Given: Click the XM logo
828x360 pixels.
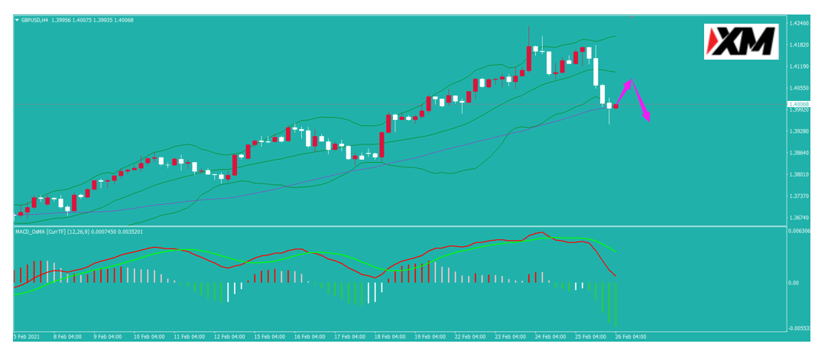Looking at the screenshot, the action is click(x=741, y=41).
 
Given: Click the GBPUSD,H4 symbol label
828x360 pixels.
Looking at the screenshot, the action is click(x=34, y=20).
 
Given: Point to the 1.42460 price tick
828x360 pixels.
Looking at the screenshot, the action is click(x=800, y=24).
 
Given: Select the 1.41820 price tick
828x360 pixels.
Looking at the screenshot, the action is click(x=800, y=45).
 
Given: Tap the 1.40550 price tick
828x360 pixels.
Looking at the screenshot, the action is click(x=800, y=88).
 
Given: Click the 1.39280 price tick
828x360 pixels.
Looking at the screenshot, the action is click(x=800, y=131).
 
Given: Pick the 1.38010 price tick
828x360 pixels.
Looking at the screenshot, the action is click(x=800, y=174).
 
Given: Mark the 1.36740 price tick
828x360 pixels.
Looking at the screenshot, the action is click(x=800, y=218).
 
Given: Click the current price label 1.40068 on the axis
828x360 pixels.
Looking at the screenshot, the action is click(x=800, y=105).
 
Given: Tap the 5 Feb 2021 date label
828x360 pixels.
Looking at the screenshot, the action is click(x=27, y=336).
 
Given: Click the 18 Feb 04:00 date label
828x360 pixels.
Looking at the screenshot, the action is click(x=389, y=336).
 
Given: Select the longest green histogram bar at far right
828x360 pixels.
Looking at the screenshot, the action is click(x=615, y=304).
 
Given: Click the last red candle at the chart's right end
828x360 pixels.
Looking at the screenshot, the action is click(x=615, y=107).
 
